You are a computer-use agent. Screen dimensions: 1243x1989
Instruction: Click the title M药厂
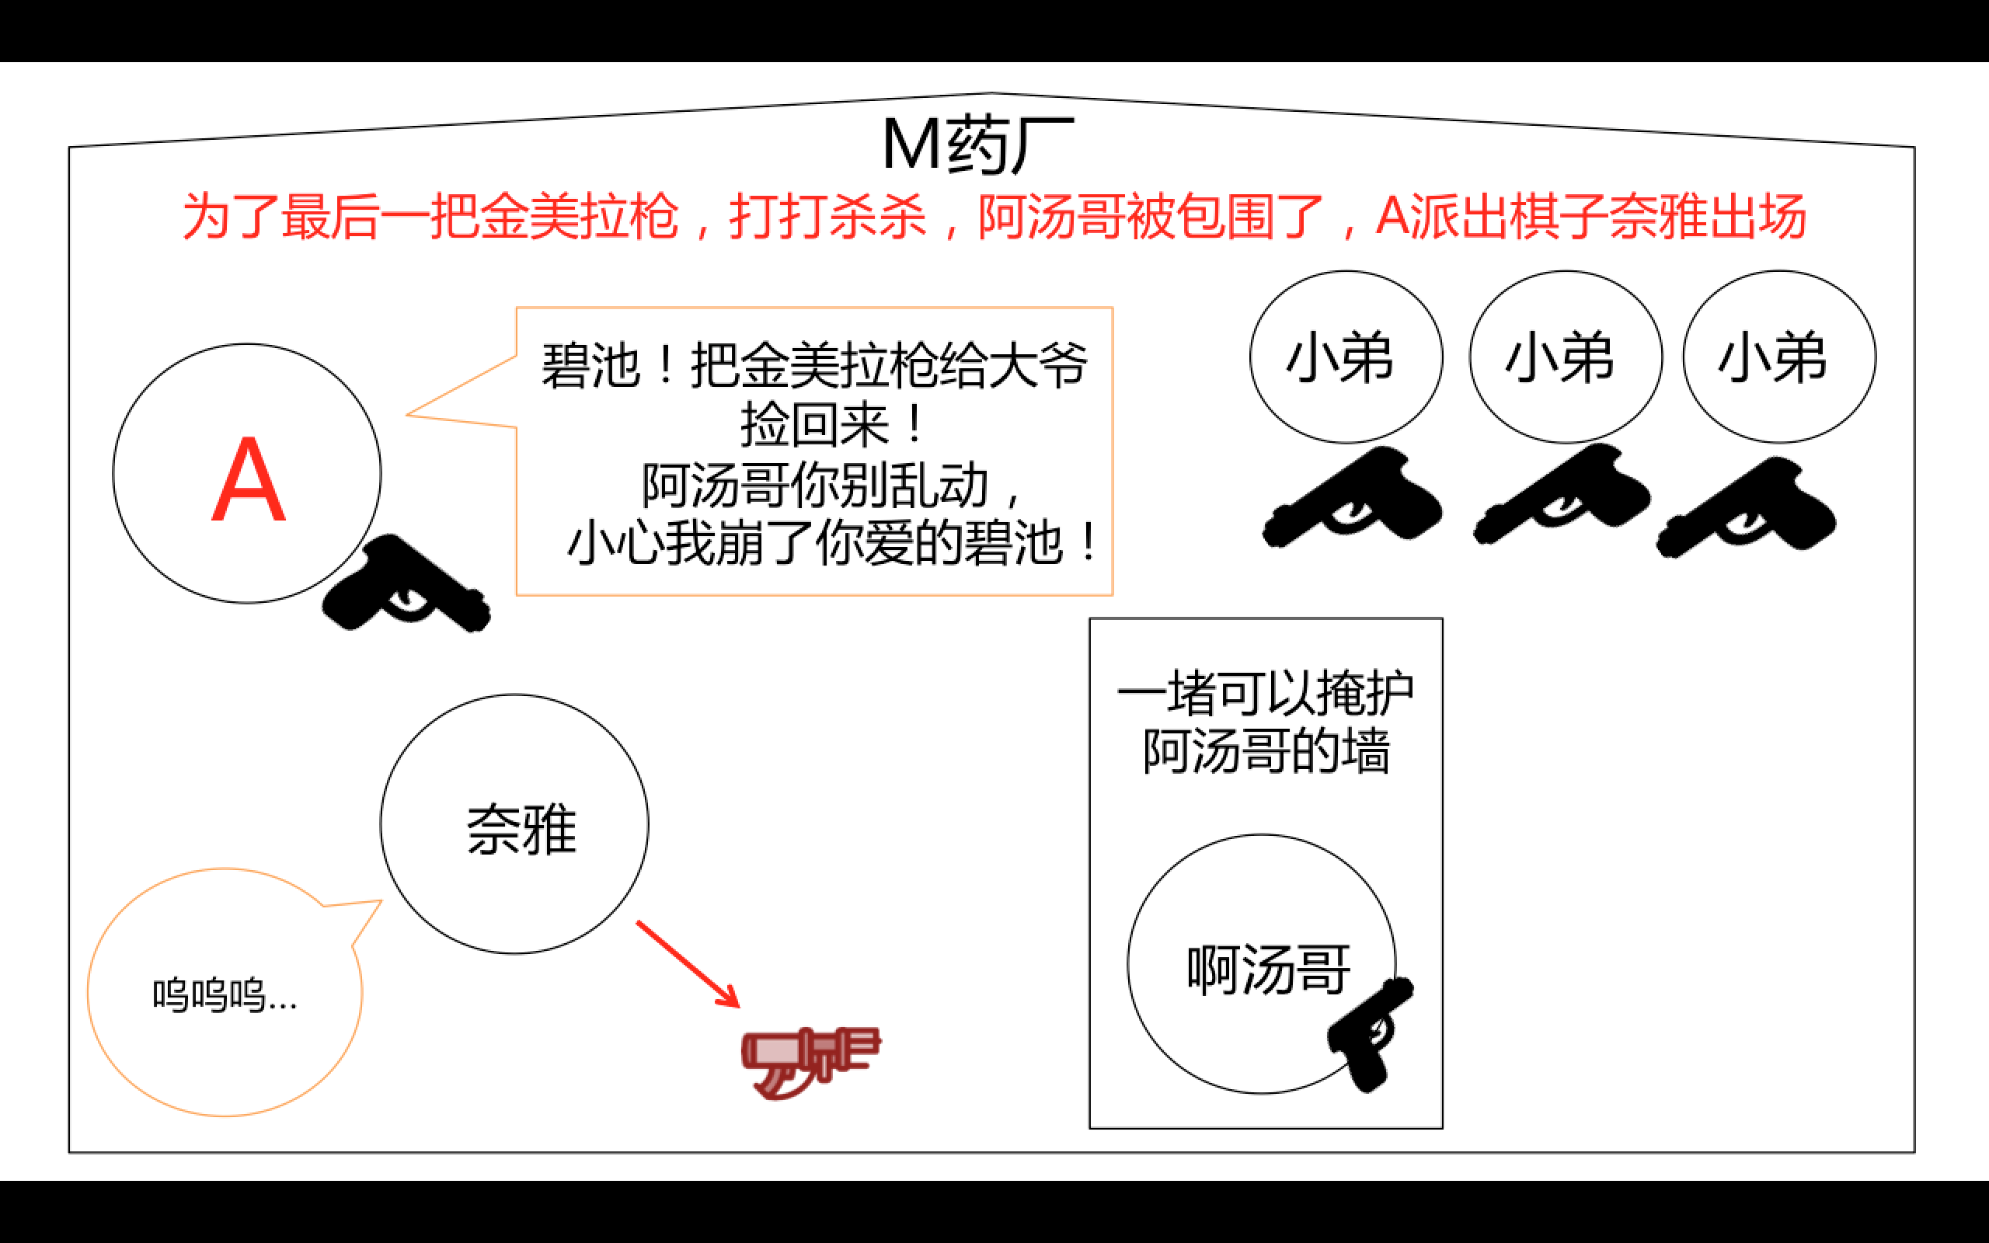tap(977, 144)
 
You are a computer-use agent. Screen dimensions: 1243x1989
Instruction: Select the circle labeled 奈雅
tap(514, 824)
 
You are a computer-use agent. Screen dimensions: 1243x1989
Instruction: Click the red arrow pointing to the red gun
tap(687, 963)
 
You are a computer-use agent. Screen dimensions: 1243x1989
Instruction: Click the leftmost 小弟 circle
tap(1346, 357)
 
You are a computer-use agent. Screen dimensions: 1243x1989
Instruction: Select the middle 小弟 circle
tap(1565, 357)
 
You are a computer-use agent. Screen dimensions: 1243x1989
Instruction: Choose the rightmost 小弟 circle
tap(1778, 357)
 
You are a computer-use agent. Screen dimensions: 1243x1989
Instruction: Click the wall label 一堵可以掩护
tap(1265, 693)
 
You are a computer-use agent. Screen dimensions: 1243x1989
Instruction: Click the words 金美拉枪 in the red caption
tap(580, 217)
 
